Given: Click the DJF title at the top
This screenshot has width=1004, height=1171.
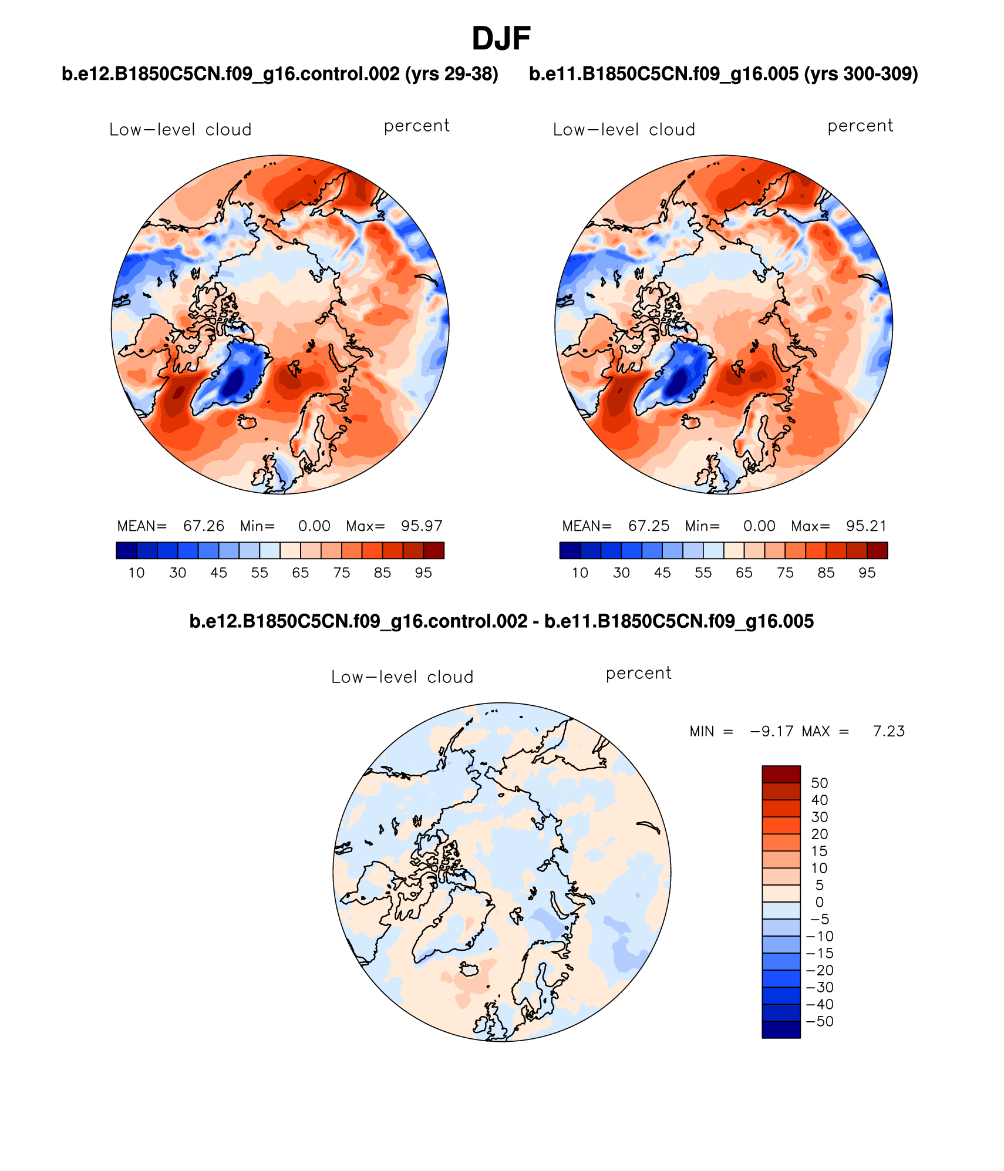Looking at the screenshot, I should pyautogui.click(x=501, y=39).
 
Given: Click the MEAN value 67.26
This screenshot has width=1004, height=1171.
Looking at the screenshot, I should pyautogui.click(x=203, y=526).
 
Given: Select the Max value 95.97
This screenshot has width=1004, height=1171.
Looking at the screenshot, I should pyautogui.click(x=422, y=526).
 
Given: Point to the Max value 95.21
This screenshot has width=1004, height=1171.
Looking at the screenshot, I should pyautogui.click(x=866, y=526).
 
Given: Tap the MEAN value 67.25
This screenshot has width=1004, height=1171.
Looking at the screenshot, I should pyautogui.click(x=648, y=526).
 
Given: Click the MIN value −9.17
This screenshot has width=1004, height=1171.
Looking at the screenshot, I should pyautogui.click(x=771, y=731).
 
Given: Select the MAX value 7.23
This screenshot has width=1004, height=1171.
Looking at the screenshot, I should pyautogui.click(x=888, y=731).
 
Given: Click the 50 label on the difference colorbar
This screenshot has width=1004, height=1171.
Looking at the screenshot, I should pyautogui.click(x=819, y=783).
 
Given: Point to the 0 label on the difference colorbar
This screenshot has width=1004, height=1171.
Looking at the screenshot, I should pyautogui.click(x=820, y=902).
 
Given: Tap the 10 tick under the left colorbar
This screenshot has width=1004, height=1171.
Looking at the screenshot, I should pyautogui.click(x=136, y=573).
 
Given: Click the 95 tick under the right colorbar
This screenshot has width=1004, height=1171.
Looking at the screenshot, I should pyautogui.click(x=867, y=573).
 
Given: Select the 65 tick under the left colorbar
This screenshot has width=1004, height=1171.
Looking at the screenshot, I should pyautogui.click(x=301, y=573).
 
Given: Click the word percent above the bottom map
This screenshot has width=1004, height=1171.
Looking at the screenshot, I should pyautogui.click(x=638, y=673).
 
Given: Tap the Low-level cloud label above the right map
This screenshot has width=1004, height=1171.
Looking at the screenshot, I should pyautogui.click(x=624, y=130).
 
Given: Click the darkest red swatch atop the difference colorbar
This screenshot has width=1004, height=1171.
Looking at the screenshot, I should pyautogui.click(x=781, y=774).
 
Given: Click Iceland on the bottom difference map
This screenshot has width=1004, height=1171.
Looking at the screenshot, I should pyautogui.click(x=470, y=969).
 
